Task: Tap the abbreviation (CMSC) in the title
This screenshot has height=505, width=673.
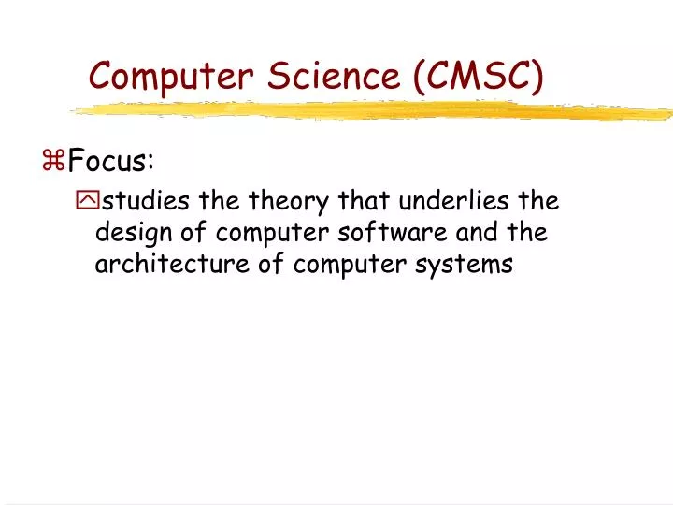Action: click(x=478, y=75)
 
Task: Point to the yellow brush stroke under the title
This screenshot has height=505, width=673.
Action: click(x=374, y=110)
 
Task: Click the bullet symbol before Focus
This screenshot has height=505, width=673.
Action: click(x=53, y=162)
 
